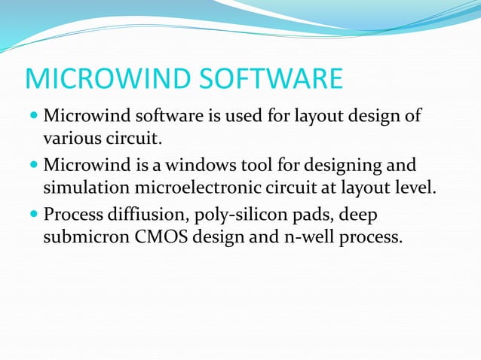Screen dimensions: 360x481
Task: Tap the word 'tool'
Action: [271, 164]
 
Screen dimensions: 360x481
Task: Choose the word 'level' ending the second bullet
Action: [413, 187]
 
